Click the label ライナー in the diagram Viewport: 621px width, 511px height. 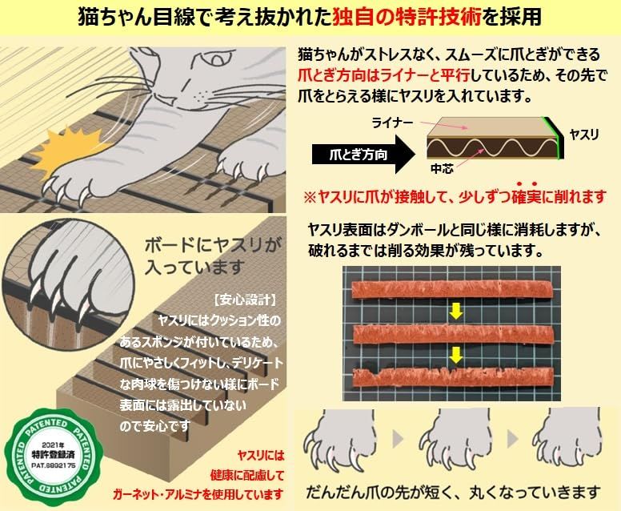click(x=391, y=123)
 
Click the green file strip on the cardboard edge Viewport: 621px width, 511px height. click(x=553, y=137)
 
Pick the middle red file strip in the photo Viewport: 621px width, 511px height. click(x=455, y=334)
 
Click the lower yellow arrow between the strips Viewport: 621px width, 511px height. click(x=455, y=353)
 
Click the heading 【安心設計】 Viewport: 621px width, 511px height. click(x=245, y=302)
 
